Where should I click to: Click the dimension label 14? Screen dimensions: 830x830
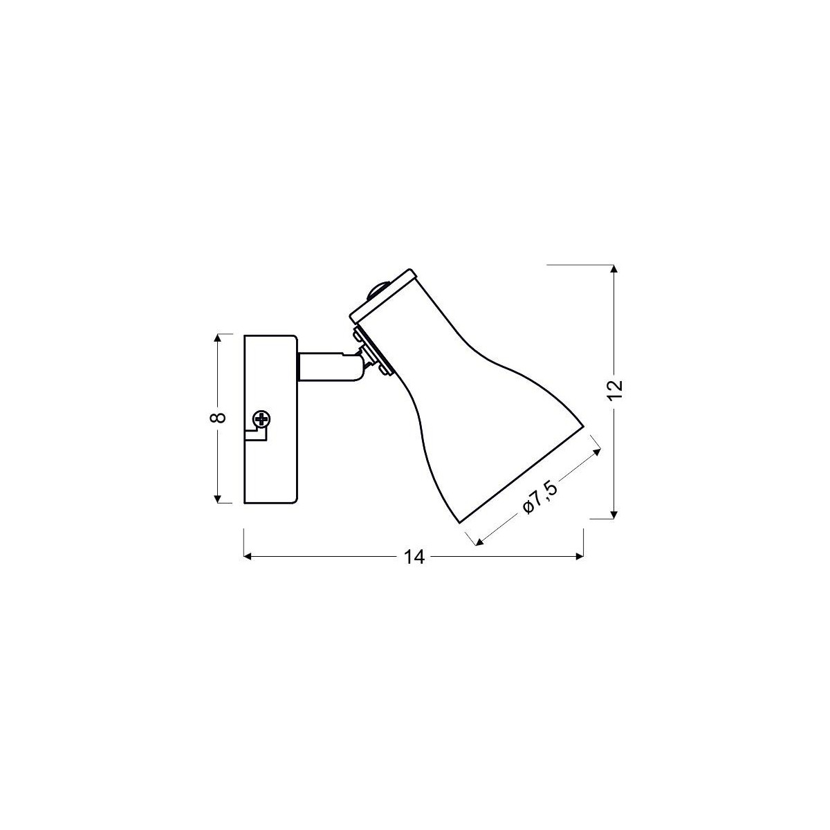click(414, 557)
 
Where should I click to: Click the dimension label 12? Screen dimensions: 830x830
click(614, 390)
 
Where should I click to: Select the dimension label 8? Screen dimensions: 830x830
click(218, 418)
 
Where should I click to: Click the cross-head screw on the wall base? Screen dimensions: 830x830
click(261, 419)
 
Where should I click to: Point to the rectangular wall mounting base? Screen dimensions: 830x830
click(270, 418)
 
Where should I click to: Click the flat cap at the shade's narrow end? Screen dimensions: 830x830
click(384, 297)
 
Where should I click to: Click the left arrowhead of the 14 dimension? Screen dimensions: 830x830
click(248, 557)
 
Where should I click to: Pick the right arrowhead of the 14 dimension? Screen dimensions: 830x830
click(580, 557)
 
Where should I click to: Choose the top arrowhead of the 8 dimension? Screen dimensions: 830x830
click(218, 338)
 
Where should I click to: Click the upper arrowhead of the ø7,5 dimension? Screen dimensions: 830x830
click(595, 452)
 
